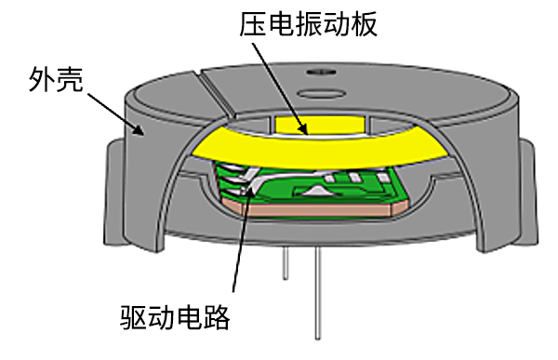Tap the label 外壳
pyautogui.click(x=57, y=78)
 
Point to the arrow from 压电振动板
pyautogui.click(x=278, y=84)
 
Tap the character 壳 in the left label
pyautogui.click(x=72, y=78)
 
